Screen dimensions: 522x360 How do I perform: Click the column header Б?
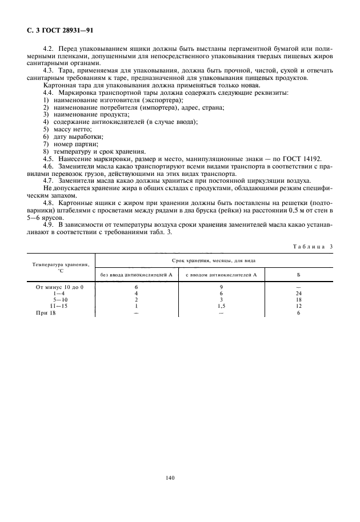[x=298, y=275]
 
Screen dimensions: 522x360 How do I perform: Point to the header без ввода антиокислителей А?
[x=137, y=275]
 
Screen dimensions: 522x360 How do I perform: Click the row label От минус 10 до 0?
[x=59, y=287]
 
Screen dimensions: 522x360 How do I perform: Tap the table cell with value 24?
[x=298, y=294]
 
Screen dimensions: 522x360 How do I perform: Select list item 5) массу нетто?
[x=67, y=129]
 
